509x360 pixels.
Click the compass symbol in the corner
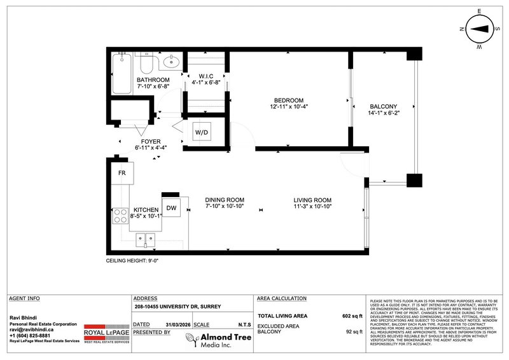coord(482,29)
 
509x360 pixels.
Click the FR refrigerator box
coord(121,173)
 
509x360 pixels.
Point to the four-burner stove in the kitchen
coord(120,216)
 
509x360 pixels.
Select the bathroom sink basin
coord(171,62)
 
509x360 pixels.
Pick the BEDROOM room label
coord(288,100)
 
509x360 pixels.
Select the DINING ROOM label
coord(224,201)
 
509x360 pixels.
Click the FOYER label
coord(148,141)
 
